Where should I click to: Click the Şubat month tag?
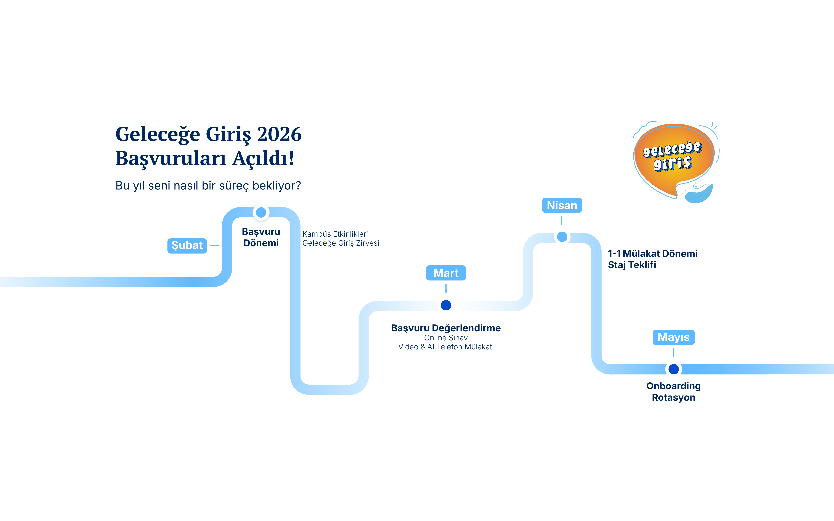point(187,246)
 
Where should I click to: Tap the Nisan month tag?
point(562,205)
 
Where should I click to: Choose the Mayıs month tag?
point(673,337)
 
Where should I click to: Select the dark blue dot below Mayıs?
point(673,369)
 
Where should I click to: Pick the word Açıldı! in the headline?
point(263,159)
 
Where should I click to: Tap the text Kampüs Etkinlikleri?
point(335,234)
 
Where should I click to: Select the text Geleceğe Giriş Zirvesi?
point(341,243)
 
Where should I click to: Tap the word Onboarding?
point(673,386)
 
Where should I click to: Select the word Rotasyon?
point(673,397)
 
